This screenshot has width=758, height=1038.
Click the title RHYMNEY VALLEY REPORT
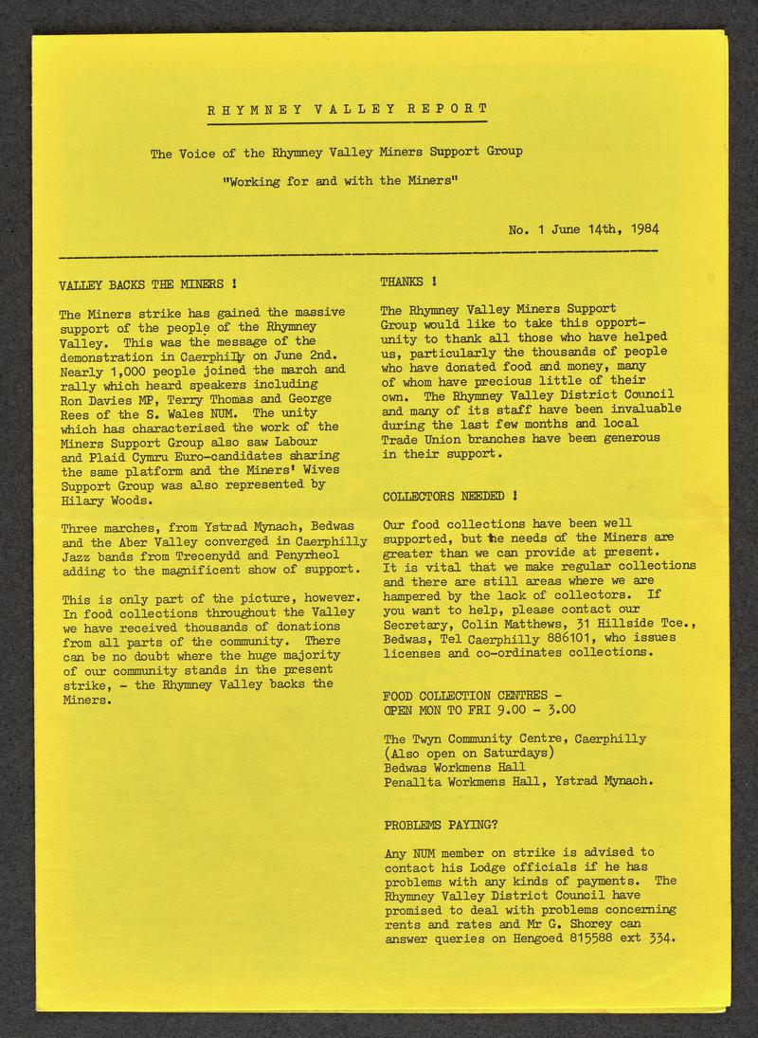coord(347,109)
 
